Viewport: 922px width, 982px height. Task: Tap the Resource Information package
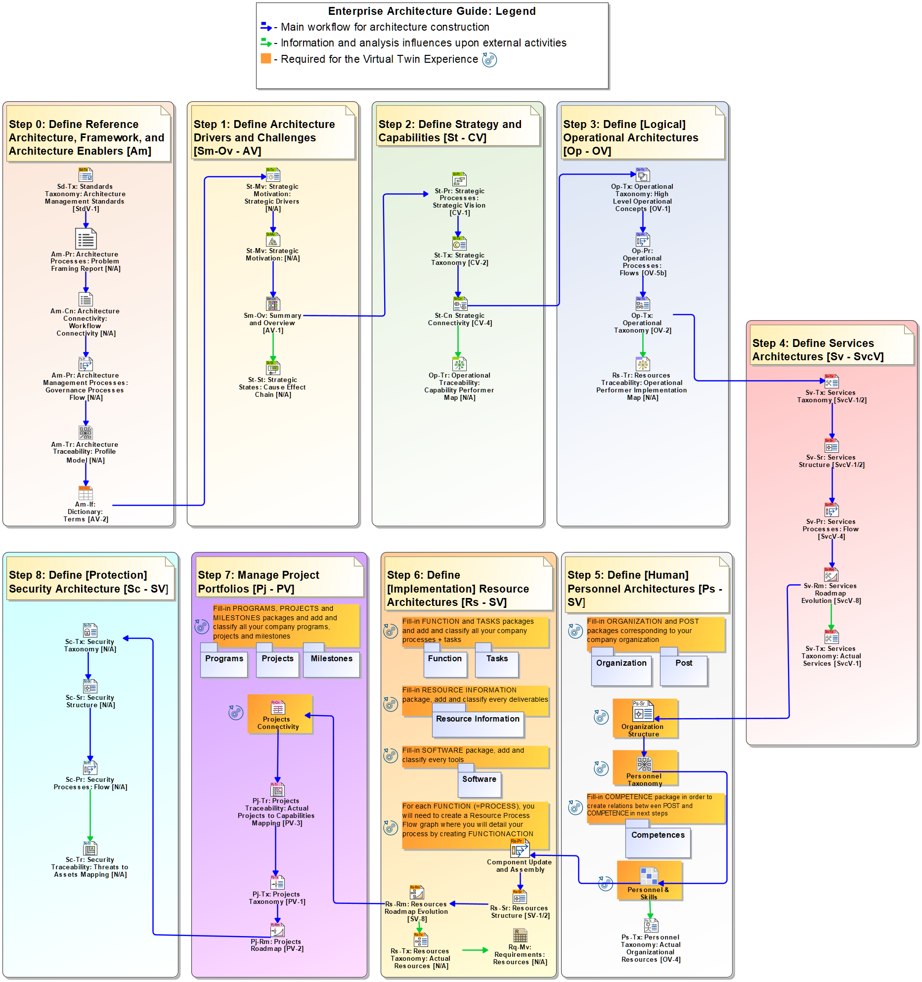[478, 724]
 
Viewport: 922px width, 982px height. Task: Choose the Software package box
[479, 784]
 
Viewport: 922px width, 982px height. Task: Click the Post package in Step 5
[684, 668]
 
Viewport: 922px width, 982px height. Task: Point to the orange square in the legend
[266, 59]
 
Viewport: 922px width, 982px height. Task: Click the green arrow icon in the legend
[266, 43]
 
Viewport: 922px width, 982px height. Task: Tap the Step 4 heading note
[832, 350]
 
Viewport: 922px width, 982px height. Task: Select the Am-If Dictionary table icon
[86, 493]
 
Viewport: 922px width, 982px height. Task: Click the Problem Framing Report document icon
[86, 239]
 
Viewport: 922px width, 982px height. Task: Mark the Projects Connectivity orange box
[280, 714]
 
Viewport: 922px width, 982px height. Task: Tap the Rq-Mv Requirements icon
[520, 936]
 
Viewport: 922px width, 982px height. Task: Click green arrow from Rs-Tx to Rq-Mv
[475, 950]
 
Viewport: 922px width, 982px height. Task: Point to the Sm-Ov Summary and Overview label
[272, 323]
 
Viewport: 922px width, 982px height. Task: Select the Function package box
[445, 663]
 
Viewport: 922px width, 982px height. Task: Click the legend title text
[432, 11]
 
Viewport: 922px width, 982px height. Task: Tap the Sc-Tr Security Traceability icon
[90, 849]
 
